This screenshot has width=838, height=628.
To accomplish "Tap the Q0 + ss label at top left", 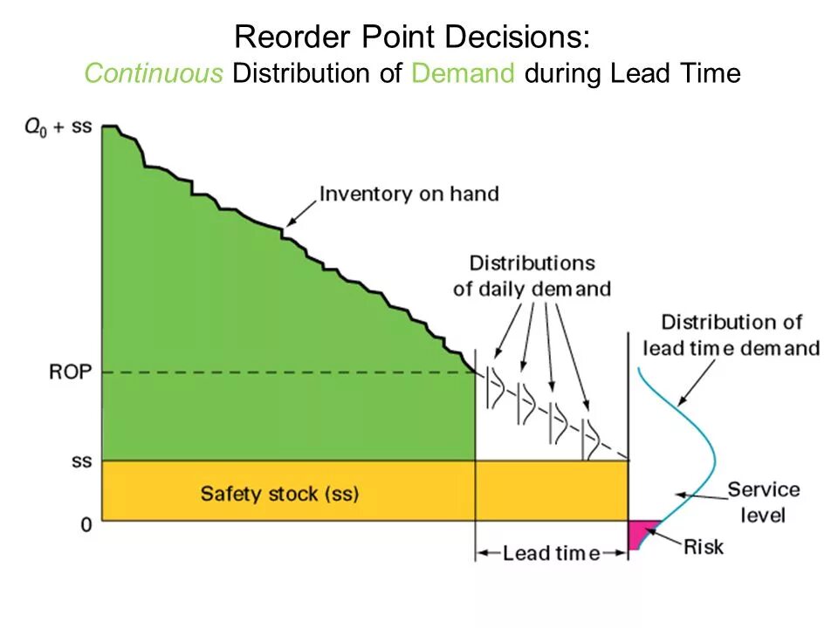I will [57, 126].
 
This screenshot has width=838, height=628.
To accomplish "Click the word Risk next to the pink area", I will [703, 547].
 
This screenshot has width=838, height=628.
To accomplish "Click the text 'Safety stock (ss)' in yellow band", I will [279, 493].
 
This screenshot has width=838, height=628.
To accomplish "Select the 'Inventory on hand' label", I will [409, 194].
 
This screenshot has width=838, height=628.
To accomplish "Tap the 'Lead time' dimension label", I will [551, 553].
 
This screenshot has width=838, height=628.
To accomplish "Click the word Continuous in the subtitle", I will [154, 73].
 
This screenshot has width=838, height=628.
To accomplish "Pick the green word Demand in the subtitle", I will [464, 73].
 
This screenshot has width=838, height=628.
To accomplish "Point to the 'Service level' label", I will [762, 502].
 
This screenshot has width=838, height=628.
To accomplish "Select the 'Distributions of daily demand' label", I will [532, 276].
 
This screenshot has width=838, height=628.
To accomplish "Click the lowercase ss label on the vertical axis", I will [81, 461].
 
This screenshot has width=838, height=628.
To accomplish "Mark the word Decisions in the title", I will [520, 38].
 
